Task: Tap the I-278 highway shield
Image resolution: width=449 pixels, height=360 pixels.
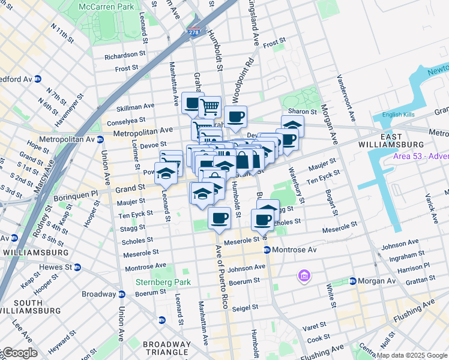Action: [193, 32]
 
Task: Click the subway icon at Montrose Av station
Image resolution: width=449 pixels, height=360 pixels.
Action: [267, 250]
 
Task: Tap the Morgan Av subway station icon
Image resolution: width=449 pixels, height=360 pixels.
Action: [353, 281]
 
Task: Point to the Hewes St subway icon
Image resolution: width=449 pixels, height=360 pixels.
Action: [77, 267]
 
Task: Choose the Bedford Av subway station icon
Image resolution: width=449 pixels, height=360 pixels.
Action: [38, 79]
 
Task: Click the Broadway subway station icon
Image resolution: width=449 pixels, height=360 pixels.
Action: [122, 294]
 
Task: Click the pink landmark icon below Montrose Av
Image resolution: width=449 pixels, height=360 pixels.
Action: [304, 276]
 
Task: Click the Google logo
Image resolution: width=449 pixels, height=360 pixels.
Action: [20, 353]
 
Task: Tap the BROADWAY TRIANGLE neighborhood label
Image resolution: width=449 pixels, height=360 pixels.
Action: [167, 349]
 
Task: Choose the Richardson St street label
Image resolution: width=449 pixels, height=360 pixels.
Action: [125, 56]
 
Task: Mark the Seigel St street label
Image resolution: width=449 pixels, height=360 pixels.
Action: [245, 307]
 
